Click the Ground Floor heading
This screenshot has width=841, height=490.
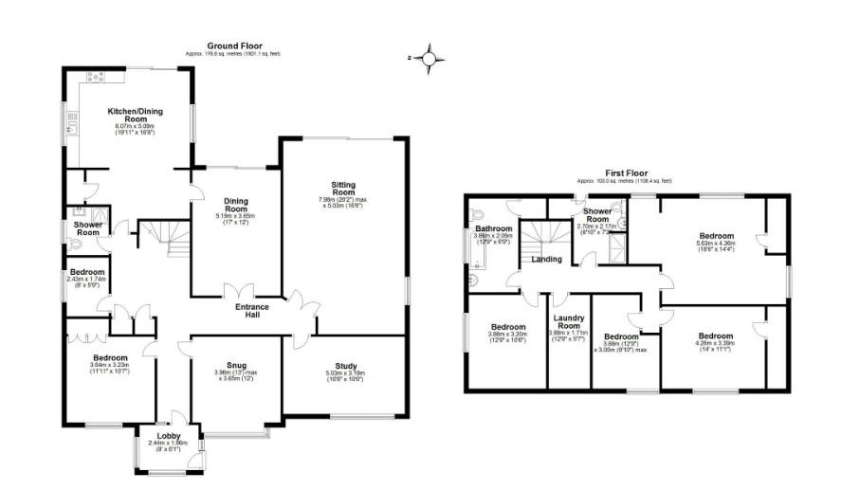pos(234,45)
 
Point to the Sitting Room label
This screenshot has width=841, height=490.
pos(343,189)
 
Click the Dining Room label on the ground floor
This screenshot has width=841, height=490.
pos(235,205)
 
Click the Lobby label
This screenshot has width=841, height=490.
pos(168,437)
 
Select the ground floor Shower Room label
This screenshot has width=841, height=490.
pos(87,228)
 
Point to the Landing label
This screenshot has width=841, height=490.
pos(547,259)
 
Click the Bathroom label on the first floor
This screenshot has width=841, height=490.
pos(493,228)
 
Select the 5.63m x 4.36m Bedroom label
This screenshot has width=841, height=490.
pos(716,236)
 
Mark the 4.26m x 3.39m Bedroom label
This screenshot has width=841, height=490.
pos(716,336)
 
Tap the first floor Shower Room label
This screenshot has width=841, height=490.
pos(597,215)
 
